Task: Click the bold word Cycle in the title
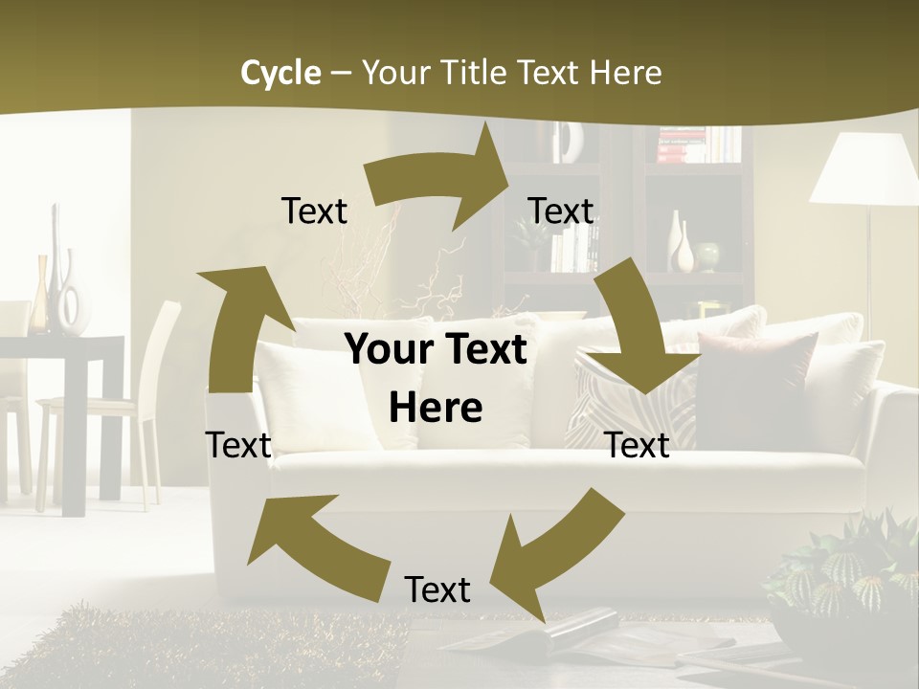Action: click(x=280, y=73)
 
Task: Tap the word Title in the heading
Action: click(x=476, y=73)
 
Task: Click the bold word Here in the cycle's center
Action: click(x=436, y=409)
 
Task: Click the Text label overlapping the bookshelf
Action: click(x=561, y=211)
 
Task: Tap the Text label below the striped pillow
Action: click(x=638, y=445)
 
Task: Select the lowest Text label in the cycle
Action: click(x=437, y=589)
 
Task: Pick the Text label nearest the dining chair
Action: click(x=238, y=445)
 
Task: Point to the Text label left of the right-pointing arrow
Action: click(x=314, y=211)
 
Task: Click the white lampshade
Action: click(x=864, y=169)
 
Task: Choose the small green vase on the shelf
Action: click(x=707, y=256)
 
